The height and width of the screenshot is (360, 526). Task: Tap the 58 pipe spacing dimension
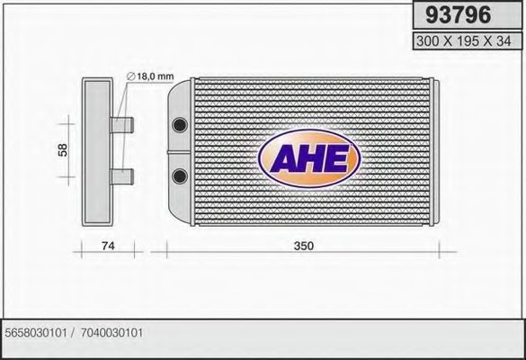point(62,150)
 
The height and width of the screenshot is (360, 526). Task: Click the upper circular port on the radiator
point(180,121)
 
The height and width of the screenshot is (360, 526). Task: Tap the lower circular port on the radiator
point(180,174)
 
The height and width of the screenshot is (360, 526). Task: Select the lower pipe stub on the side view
point(123,175)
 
